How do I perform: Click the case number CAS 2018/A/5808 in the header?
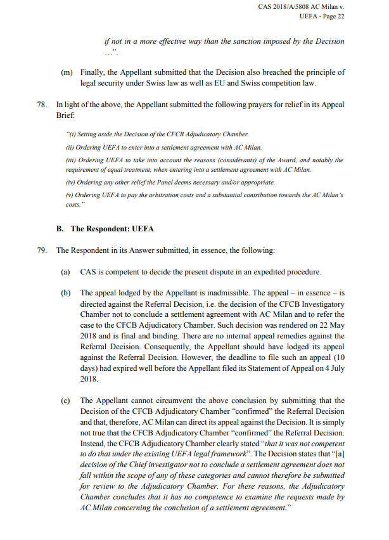click(x=286, y=6)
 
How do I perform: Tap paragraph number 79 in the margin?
click(x=42, y=250)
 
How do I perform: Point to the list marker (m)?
click(x=67, y=73)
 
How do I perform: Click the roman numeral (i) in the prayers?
click(x=71, y=134)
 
